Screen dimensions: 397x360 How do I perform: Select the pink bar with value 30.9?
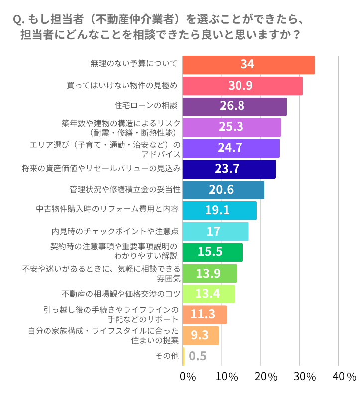point(242,86)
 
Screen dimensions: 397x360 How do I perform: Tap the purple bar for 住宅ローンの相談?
point(235,106)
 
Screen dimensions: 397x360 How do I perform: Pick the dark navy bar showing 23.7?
point(229,169)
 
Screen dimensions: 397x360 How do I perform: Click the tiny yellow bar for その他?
point(184,356)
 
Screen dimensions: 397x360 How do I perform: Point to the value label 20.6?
point(222,190)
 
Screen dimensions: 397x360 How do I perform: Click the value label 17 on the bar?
point(213,232)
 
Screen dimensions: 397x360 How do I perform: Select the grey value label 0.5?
point(198,356)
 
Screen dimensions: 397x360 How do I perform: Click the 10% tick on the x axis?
point(227,377)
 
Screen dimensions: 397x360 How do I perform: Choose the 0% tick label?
point(187,377)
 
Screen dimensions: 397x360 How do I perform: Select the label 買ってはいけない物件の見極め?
point(122,85)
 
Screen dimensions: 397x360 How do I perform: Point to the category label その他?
point(167,356)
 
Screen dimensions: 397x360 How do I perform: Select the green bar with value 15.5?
point(213,252)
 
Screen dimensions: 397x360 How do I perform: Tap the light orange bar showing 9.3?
point(201,336)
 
